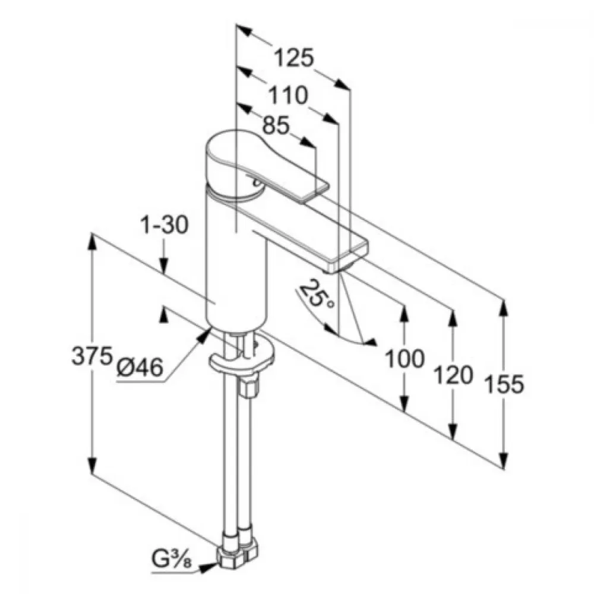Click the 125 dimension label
click(294, 58)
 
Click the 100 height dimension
click(404, 358)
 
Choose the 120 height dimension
click(453, 375)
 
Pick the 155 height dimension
click(504, 383)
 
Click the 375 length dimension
click(92, 356)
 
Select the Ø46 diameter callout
click(140, 367)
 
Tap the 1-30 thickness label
click(165, 225)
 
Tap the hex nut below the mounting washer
click(248, 384)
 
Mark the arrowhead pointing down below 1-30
click(164, 264)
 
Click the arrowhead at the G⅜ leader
click(207, 567)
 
